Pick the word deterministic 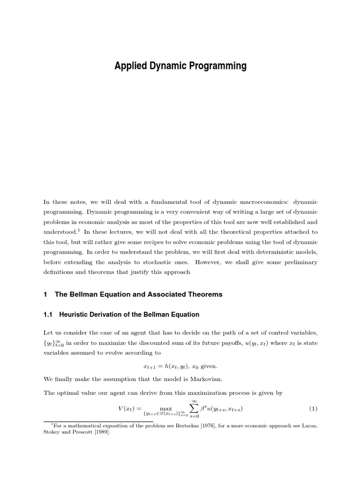(247, 252)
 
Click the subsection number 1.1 (48, 315)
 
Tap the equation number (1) (313, 408)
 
